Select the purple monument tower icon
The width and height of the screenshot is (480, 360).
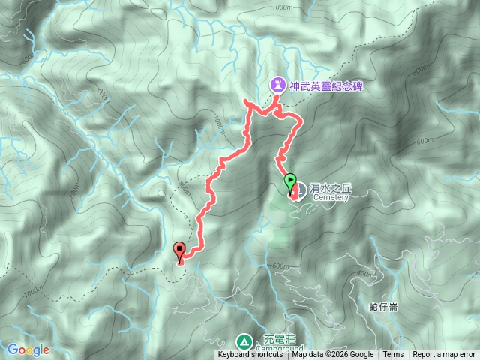tap(277, 85)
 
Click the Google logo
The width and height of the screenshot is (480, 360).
tap(28, 349)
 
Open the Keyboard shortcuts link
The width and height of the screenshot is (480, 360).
tap(250, 355)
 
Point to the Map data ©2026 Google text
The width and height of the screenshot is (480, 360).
tap(333, 355)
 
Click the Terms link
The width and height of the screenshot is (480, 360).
tap(393, 355)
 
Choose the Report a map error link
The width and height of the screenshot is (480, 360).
tap(444, 355)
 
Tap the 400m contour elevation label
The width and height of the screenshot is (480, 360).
tap(365, 272)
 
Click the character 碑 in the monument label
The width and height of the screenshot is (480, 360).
tap(358, 86)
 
